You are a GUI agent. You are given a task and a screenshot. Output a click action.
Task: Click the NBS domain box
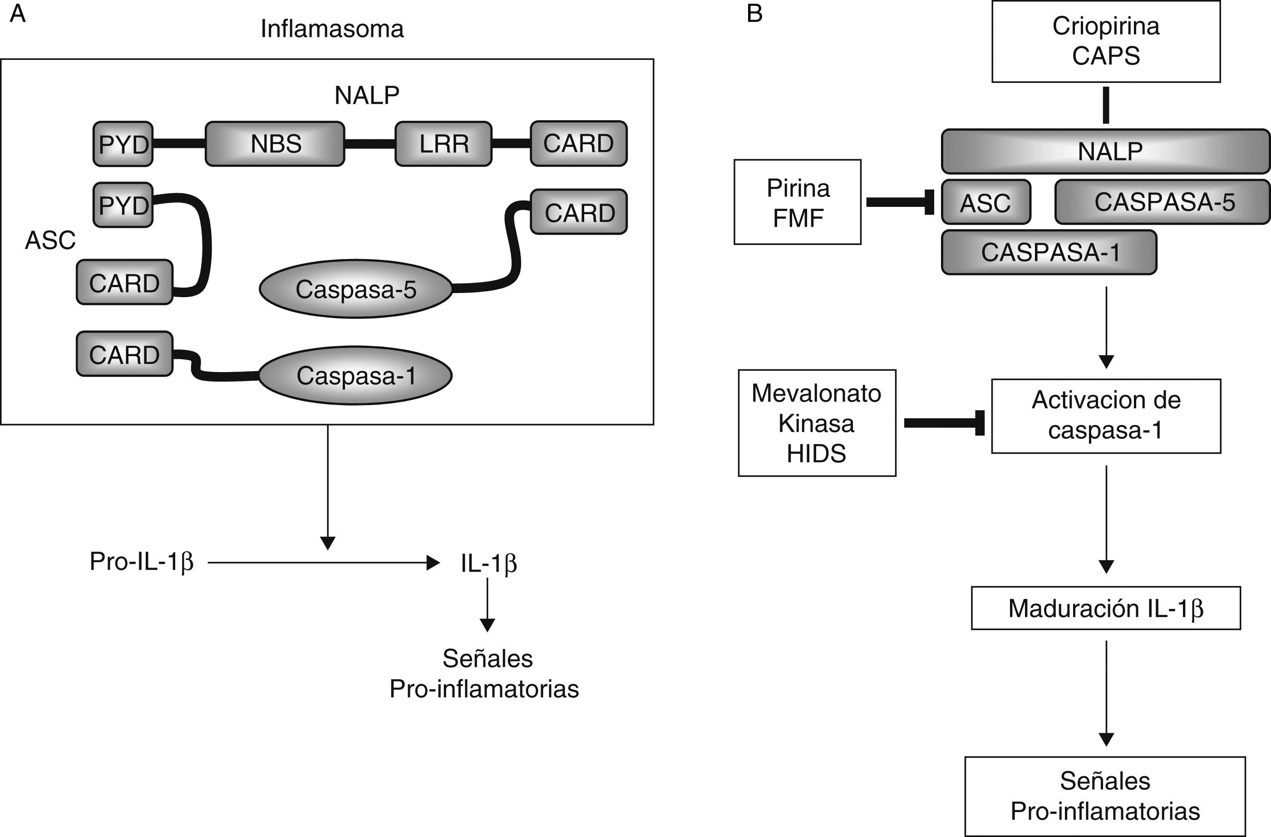tap(275, 144)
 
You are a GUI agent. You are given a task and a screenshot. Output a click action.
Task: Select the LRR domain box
tap(443, 144)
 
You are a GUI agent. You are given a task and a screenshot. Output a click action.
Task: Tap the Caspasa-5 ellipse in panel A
tap(356, 289)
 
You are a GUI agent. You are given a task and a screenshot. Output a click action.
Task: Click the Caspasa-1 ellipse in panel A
tap(356, 375)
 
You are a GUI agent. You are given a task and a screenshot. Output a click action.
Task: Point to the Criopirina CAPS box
tap(1105, 41)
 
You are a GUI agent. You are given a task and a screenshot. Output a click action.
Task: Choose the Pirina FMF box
tap(797, 202)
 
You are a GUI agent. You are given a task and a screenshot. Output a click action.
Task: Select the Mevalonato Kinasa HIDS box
tap(817, 423)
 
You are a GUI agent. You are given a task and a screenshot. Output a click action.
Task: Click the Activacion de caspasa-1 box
tap(1105, 416)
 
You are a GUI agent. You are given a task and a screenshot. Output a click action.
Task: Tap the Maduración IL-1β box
tap(1105, 608)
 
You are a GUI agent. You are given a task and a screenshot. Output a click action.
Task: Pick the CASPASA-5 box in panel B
tap(1163, 202)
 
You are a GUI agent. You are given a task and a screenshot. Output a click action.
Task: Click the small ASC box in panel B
tap(985, 202)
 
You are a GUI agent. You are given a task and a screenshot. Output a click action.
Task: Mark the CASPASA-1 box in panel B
tap(1049, 252)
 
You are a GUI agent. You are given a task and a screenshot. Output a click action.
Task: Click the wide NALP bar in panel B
tap(1105, 151)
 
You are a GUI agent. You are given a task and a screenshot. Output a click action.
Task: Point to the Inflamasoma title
tap(332, 29)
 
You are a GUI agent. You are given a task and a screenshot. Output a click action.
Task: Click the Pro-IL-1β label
tap(142, 562)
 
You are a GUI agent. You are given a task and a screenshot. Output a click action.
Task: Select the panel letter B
tap(754, 13)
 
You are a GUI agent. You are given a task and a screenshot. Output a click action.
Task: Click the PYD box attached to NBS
tap(123, 144)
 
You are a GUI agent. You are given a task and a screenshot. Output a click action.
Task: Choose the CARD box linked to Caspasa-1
tap(124, 354)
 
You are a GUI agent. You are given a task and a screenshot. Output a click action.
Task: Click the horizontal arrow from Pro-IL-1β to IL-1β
tap(323, 563)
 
